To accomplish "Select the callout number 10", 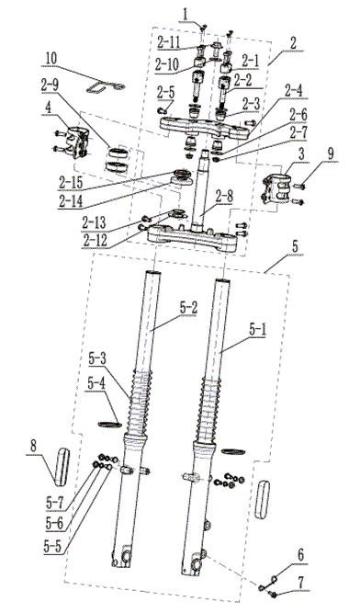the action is tap(51, 59).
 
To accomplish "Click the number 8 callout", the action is tap(34, 447).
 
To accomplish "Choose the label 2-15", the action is tap(70, 181).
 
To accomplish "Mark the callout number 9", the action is tap(331, 153).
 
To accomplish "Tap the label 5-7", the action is tap(54, 503).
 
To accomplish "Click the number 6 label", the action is tap(300, 555).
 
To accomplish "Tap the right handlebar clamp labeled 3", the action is tap(278, 188).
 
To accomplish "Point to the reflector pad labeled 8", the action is tap(62, 467).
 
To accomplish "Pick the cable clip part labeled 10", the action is tap(105, 86).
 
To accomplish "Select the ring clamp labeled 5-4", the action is tap(109, 424).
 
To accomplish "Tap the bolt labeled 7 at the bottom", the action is tap(274, 595).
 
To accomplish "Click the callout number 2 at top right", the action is tap(293, 43).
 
